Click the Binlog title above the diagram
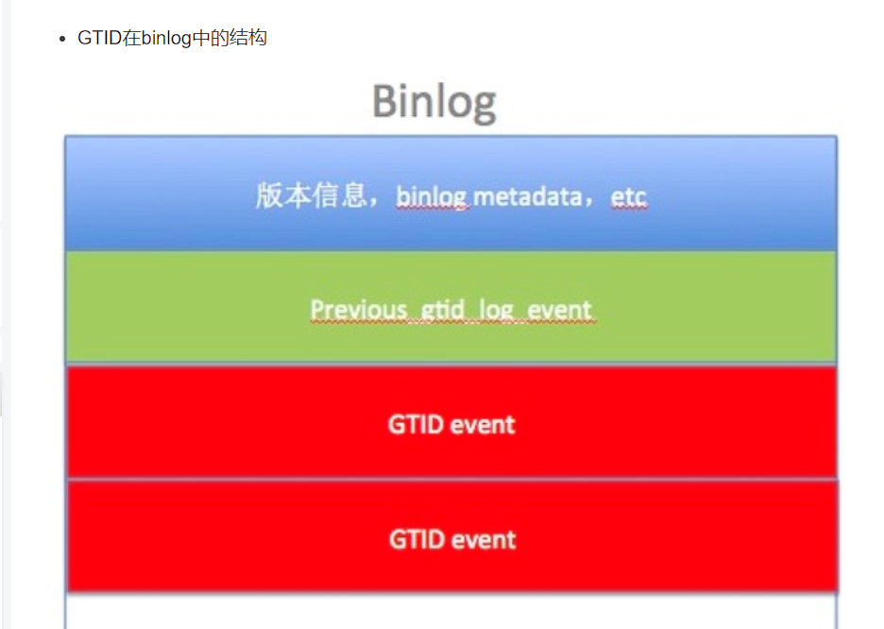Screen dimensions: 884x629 pos(434,103)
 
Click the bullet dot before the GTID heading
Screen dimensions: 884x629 pos(62,39)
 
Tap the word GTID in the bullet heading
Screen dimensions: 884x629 pos(99,38)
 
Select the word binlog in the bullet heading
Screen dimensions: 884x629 pos(166,39)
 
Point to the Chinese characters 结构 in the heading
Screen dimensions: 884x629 pos(248,38)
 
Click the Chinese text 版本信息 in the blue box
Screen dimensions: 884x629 pos(311,195)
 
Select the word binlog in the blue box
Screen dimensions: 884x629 pos(432,197)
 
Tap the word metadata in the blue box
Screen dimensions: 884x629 pos(528,197)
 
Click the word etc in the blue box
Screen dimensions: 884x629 pos(629,197)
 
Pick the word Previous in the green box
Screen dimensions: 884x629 pos(359,310)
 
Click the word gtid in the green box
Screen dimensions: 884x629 pos(443,310)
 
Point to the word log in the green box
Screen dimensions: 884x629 pos(496,311)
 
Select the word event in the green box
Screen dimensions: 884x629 pos(559,310)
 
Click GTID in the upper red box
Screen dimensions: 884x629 pos(416,424)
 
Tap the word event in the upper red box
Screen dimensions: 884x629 pos(483,425)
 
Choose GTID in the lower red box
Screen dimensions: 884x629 pos(417,539)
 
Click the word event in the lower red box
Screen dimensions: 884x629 pos(484,540)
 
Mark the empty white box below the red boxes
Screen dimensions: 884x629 pos(451,611)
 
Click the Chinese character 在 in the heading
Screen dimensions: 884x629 pos(130,38)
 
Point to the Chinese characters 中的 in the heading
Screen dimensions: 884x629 pos(211,38)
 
